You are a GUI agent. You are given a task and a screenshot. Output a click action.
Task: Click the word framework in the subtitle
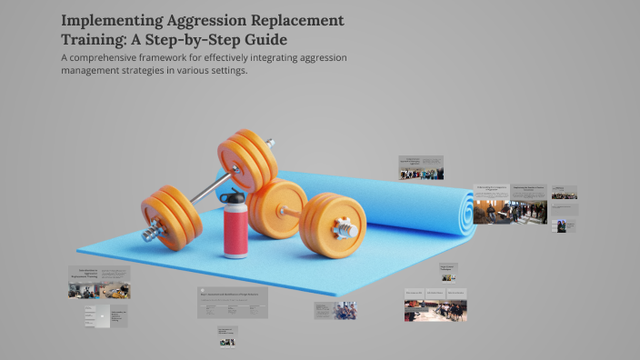pos(185,58)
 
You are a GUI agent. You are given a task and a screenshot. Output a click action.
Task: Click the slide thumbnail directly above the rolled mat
pos(421,167)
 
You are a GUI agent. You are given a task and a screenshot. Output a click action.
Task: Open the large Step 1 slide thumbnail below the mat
pos(233,304)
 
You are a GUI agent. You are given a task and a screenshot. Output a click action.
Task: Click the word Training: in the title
pos(97,40)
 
